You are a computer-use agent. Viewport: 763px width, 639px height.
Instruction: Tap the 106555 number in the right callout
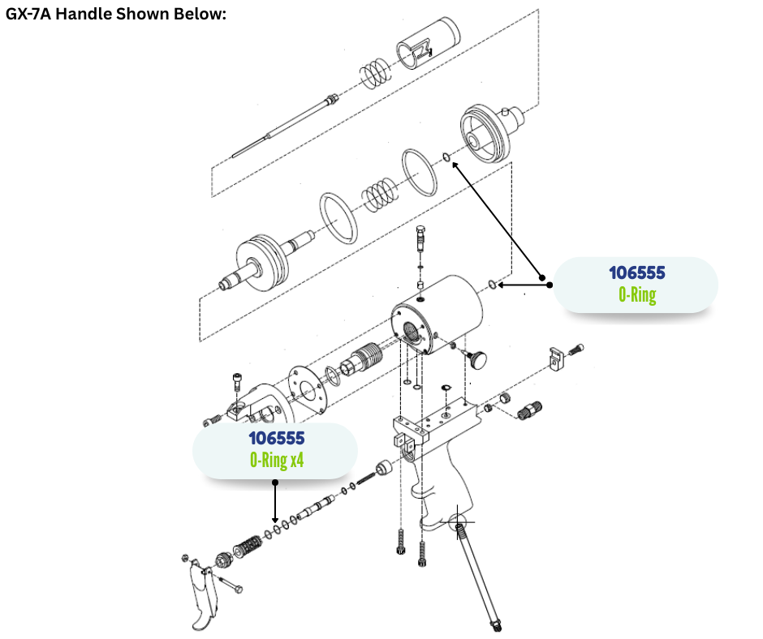[x=636, y=272]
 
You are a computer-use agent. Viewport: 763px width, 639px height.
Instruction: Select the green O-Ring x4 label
[x=276, y=460]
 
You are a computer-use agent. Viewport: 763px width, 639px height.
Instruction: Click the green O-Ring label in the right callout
[x=636, y=294]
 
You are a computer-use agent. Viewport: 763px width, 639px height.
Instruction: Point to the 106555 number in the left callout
[x=276, y=438]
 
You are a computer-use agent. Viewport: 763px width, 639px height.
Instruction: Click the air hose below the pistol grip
[x=479, y=572]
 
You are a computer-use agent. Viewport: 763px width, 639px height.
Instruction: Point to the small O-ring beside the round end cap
[x=446, y=156]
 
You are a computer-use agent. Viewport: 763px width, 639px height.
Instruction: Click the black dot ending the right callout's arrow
[x=550, y=285]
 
